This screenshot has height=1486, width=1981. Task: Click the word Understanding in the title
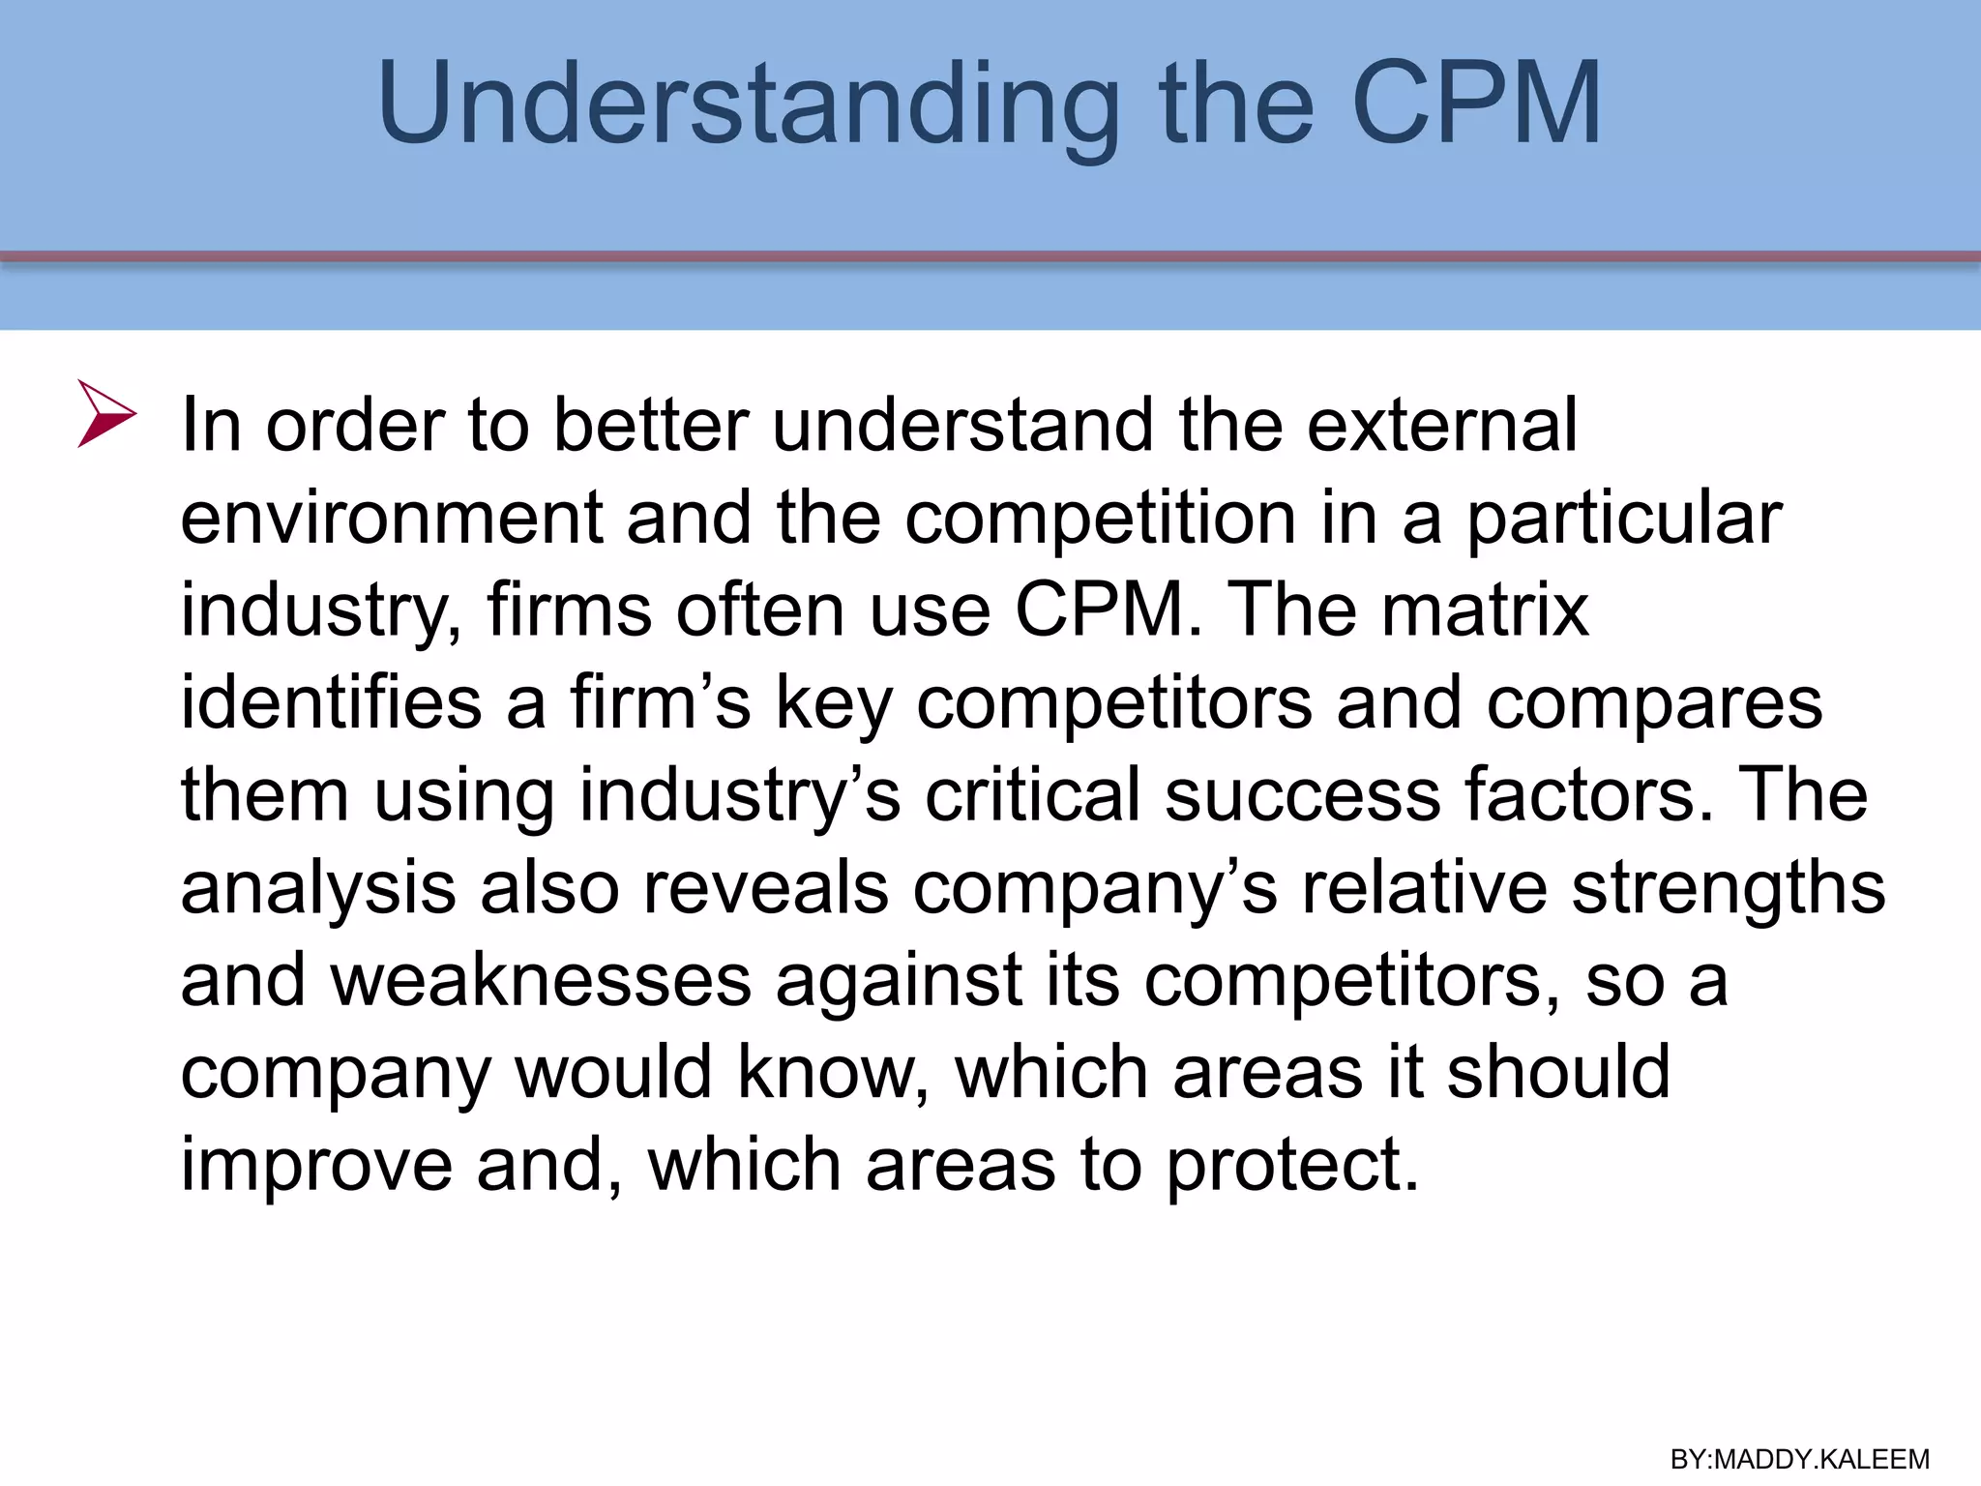pos(749,104)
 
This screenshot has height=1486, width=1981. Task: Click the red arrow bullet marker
pos(105,414)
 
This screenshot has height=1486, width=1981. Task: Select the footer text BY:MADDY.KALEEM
pos(1799,1459)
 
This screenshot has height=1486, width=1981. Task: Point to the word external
pos(1441,426)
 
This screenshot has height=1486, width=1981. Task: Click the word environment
pos(392,518)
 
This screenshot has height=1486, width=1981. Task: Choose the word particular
pos(1624,520)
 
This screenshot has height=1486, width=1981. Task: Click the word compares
pos(1654,703)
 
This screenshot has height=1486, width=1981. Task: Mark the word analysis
pos(318,888)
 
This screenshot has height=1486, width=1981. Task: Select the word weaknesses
pos(541,980)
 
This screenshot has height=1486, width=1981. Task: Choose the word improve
pos(316,1166)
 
